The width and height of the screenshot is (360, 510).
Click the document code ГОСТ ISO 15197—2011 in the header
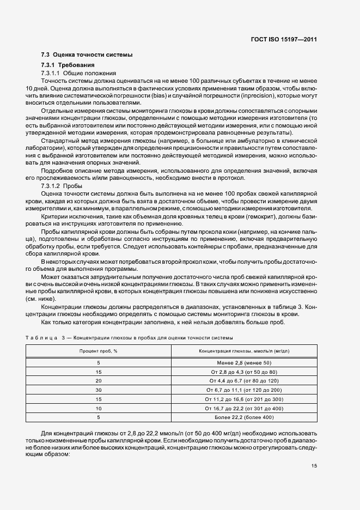tap(288, 39)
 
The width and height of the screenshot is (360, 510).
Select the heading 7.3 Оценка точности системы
tap(87, 54)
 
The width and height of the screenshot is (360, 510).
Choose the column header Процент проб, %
tap(98, 351)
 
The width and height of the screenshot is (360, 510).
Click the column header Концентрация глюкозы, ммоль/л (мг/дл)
tap(243, 351)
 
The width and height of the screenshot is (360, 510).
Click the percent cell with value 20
tap(99, 380)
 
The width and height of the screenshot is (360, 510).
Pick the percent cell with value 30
tap(99, 390)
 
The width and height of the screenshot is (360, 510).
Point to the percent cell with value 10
tap(99, 408)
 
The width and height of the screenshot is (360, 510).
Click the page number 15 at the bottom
tap(314, 465)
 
